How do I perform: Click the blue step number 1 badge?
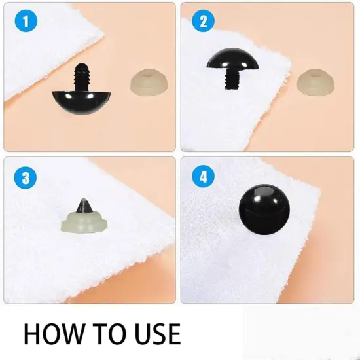[x=26, y=21]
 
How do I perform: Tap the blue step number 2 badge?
[x=204, y=21]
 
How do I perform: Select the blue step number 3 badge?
[x=26, y=177]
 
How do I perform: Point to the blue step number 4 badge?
[x=204, y=177]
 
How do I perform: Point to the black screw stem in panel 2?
[x=230, y=82]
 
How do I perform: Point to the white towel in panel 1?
[x=46, y=59]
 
